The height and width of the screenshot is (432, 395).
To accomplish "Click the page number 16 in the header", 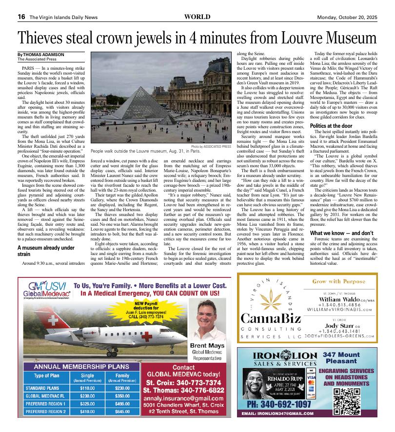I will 21,17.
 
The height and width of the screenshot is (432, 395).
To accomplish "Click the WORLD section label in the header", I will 197,17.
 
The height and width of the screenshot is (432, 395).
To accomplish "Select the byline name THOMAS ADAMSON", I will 44,55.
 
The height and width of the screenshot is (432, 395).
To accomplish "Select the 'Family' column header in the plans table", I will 122,375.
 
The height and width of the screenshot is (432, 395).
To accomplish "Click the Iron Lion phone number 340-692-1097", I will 279,405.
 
